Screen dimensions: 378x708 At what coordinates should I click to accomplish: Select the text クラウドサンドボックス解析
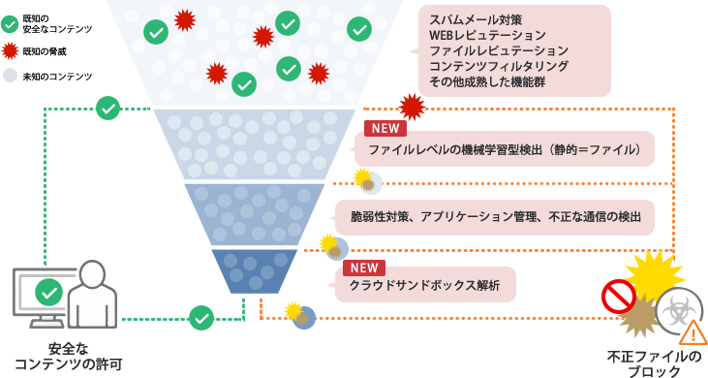pos(425,286)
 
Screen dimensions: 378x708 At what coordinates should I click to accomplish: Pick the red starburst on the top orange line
pos(412,106)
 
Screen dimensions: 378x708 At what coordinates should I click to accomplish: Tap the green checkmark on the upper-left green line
pos(108,109)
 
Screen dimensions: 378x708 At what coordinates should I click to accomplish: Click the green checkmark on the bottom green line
pos(201,317)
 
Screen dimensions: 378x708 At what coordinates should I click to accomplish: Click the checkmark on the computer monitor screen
pos(48,291)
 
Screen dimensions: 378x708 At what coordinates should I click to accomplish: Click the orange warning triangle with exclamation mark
pos(693,333)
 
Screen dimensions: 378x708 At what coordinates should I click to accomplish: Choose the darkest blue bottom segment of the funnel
pos(242,271)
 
